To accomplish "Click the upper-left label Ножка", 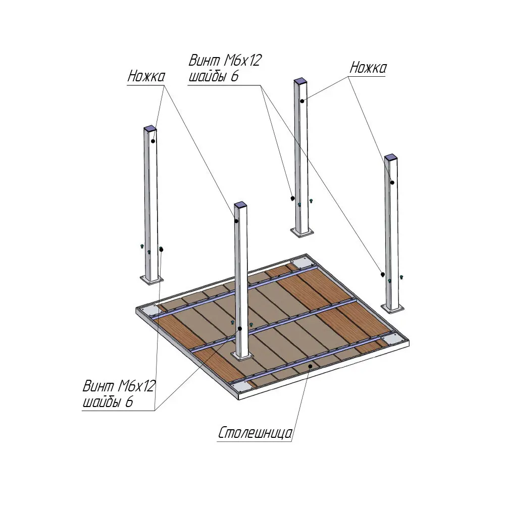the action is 146,76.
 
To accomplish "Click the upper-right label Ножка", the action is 368,68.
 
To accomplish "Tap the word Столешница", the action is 255,433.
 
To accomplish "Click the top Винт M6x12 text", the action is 225,60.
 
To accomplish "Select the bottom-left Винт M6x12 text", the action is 119,385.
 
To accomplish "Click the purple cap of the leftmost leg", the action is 150,128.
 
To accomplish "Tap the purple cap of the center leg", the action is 240,205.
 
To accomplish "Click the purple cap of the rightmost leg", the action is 391,157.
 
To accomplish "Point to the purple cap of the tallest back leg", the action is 300,80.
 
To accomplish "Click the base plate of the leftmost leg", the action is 151,280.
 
